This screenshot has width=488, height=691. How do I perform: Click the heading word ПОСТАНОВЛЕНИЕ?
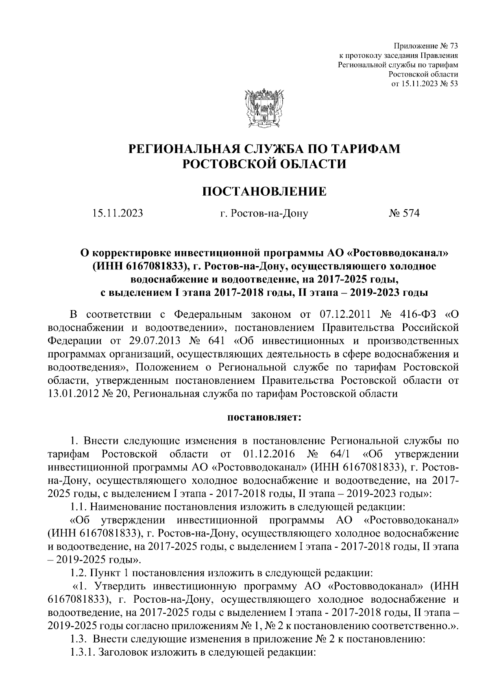(264, 191)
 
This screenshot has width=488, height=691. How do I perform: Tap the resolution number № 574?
(403, 213)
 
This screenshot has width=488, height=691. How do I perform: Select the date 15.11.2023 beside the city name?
(118, 213)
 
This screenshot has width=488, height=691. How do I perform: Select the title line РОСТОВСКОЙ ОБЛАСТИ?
(264, 164)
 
